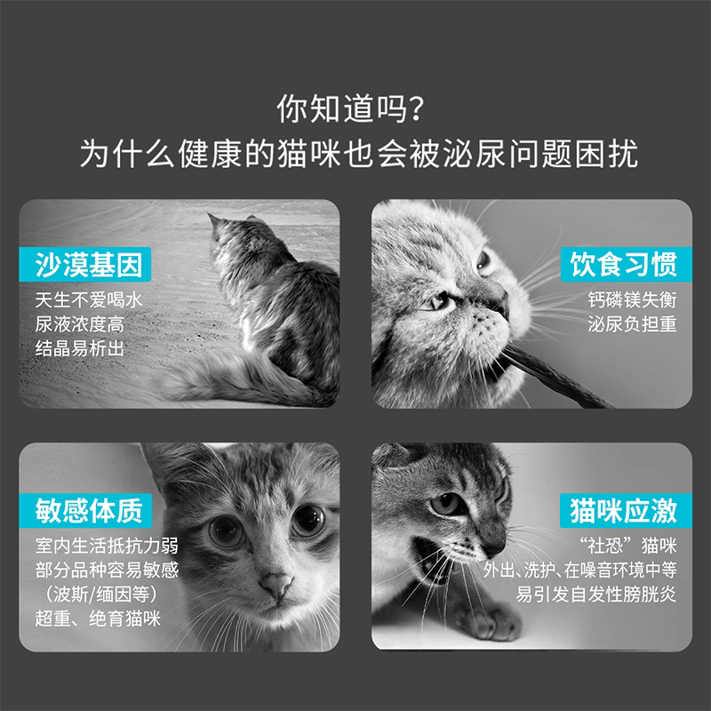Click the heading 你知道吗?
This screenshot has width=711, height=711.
tap(350, 108)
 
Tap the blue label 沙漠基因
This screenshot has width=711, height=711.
tap(85, 264)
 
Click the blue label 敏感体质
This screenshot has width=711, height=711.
tap(85, 510)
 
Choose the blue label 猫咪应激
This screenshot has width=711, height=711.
tap(626, 510)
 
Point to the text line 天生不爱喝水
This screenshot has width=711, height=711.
tap(89, 300)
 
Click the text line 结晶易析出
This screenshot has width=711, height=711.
tap(80, 348)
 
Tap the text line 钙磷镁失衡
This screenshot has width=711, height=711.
tap(632, 300)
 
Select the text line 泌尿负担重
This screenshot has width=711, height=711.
tap(632, 324)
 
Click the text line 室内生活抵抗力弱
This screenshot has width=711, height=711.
tap(107, 546)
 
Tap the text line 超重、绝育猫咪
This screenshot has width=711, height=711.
tap(98, 619)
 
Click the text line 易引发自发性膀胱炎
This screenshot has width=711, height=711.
tap(595, 595)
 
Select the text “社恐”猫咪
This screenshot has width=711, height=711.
tap(628, 546)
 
